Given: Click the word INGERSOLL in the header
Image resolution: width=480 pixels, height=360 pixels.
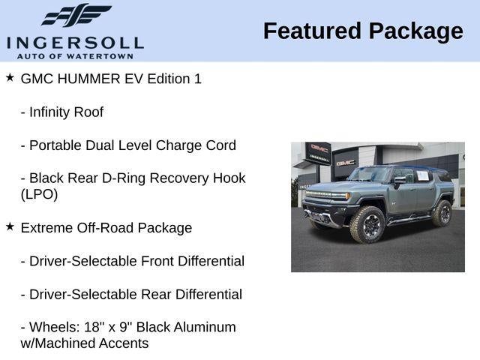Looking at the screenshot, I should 75,42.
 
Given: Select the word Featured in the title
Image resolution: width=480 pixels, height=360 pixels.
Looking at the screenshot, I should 310,31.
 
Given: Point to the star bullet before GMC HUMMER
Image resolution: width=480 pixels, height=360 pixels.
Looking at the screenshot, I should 10,77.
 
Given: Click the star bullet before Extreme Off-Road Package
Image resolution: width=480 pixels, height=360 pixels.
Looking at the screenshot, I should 10,226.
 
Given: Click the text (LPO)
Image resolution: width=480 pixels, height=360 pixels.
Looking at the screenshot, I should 39,194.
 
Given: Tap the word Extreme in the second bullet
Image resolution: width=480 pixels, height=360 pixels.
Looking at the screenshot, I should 46,228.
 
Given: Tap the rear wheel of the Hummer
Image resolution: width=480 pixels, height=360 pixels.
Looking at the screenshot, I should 442,212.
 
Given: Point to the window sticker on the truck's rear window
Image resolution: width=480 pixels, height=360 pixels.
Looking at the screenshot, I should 422,175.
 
